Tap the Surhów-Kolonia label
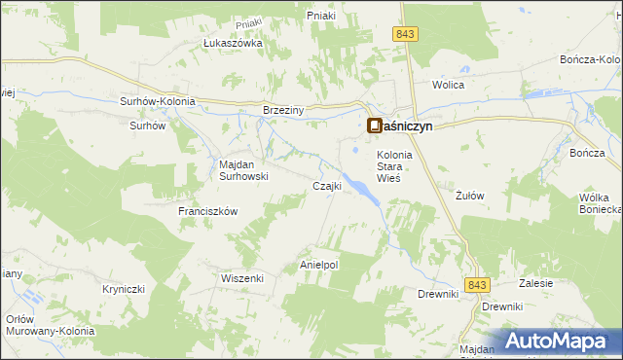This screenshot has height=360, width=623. coord(157,101)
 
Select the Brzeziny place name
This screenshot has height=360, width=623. coord(284,110)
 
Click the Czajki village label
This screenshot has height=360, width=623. coord(325,186)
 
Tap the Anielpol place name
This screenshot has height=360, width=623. coord(318,264)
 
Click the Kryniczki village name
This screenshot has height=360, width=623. coord(124,289)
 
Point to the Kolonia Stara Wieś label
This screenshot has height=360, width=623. coord(395,166)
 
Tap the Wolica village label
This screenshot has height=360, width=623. coord(449,85)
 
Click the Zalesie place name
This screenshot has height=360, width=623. coord(536,283)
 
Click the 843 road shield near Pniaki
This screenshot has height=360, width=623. coord(407,34)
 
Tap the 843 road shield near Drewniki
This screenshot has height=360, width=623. coord(476,284)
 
